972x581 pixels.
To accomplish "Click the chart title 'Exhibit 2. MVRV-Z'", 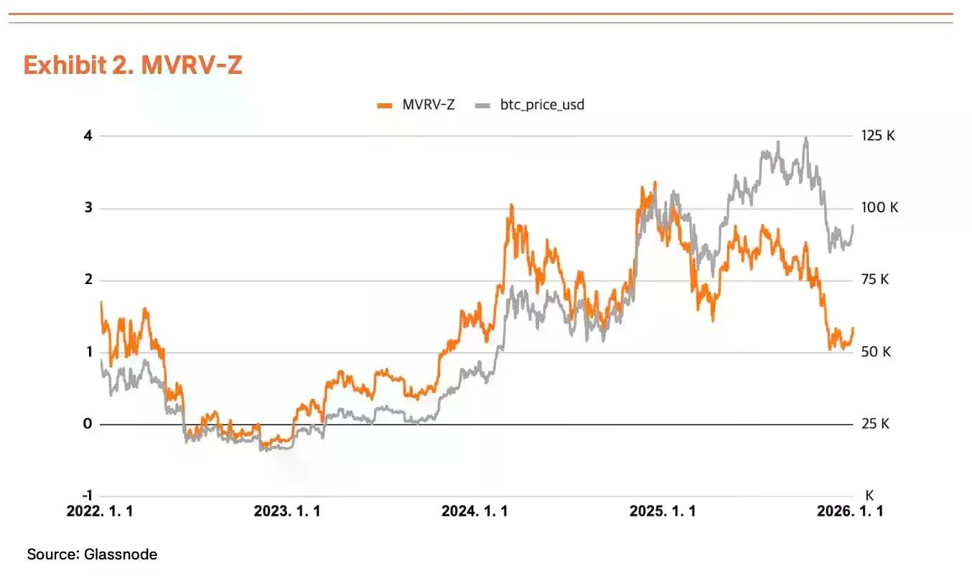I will coord(133,65).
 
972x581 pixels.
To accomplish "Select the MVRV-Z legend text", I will coord(429,105).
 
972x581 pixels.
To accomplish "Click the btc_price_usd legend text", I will coord(542,105).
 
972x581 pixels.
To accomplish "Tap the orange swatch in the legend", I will coord(385,105).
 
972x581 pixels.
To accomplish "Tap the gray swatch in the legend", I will coord(482,105).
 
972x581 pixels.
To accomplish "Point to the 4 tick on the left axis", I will coord(88,136).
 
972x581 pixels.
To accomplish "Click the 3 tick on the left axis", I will coord(88,208).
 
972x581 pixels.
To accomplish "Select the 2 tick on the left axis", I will coord(88,280).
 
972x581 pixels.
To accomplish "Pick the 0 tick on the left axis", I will coord(88,424).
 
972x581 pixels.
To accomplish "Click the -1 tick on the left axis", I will coord(86,496).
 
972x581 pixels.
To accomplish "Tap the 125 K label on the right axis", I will coord(878,136).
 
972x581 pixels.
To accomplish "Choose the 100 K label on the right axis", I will coord(879,208).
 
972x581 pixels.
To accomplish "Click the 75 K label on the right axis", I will coord(875,280).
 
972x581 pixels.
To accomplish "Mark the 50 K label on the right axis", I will coord(876,352).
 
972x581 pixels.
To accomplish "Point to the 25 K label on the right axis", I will coord(875,424).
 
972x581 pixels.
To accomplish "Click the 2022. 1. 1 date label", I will coord(100,511).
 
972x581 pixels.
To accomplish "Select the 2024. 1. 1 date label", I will coord(475,511).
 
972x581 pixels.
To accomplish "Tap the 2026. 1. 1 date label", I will coord(850,511).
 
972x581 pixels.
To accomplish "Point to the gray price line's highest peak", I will coord(806,138).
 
